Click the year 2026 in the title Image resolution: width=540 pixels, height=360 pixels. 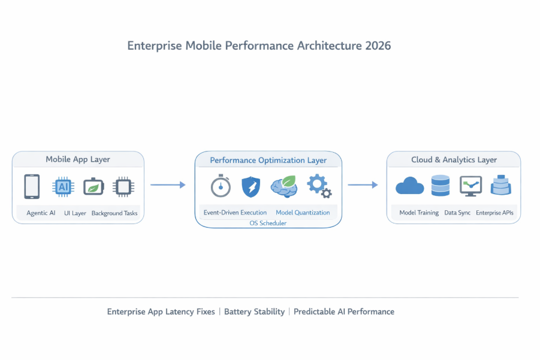(x=378, y=46)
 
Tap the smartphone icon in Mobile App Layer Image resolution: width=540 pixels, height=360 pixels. (x=32, y=186)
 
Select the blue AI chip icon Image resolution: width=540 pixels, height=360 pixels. (x=63, y=186)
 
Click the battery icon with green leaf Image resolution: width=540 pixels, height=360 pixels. (x=93, y=187)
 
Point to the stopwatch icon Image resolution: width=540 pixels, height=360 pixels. (x=221, y=186)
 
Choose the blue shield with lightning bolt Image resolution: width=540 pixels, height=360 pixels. (x=251, y=187)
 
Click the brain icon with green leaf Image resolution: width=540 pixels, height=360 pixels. (x=283, y=186)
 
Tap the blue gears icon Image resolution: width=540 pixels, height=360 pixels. (x=319, y=186)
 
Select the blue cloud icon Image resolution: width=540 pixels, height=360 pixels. (x=410, y=186)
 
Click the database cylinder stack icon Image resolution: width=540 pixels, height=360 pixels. (x=441, y=186)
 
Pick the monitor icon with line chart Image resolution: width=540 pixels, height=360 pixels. (x=470, y=186)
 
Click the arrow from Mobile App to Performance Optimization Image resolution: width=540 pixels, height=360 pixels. (x=168, y=185)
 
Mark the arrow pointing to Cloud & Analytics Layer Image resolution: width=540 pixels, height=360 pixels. (x=363, y=185)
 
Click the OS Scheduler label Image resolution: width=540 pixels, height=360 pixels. (x=268, y=223)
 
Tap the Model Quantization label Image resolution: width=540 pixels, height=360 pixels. (x=303, y=213)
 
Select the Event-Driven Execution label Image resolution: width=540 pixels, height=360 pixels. (x=235, y=213)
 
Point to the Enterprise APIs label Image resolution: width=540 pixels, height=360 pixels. (x=494, y=213)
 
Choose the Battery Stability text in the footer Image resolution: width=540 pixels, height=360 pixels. (x=254, y=311)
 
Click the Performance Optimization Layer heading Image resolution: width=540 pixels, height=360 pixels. (x=268, y=161)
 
